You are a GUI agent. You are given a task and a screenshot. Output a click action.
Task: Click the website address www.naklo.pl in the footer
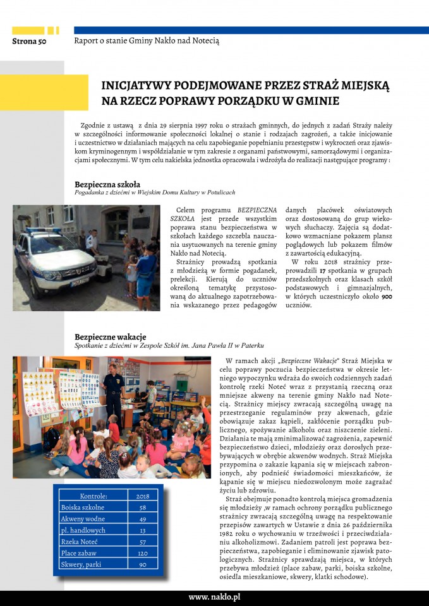pyautogui.click(x=214, y=597)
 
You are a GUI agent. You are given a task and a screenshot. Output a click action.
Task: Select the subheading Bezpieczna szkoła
pyautogui.click(x=102, y=184)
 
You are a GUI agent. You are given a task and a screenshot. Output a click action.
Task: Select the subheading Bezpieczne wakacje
pyautogui.click(x=110, y=336)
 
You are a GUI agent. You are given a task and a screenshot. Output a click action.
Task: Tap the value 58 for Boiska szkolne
pyautogui.click(x=142, y=508)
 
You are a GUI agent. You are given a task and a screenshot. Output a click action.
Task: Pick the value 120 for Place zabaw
pyautogui.click(x=142, y=553)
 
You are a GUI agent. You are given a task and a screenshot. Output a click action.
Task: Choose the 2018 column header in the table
pyautogui.click(x=142, y=496)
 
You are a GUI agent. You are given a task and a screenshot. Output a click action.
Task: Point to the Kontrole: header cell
pyautogui.click(x=93, y=496)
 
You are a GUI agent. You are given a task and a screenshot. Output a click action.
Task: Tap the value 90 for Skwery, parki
pyautogui.click(x=142, y=564)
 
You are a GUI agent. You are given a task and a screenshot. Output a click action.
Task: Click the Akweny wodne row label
pyautogui.click(x=82, y=519)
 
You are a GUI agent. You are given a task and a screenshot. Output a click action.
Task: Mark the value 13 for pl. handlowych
pyautogui.click(x=142, y=530)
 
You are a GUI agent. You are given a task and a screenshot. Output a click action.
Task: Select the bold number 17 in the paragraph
pyautogui.click(x=326, y=270)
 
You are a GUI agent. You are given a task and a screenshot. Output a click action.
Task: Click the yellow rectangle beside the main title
pyautogui.click(x=44, y=92)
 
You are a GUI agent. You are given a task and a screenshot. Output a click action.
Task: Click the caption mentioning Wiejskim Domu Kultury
pyautogui.click(x=154, y=193)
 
